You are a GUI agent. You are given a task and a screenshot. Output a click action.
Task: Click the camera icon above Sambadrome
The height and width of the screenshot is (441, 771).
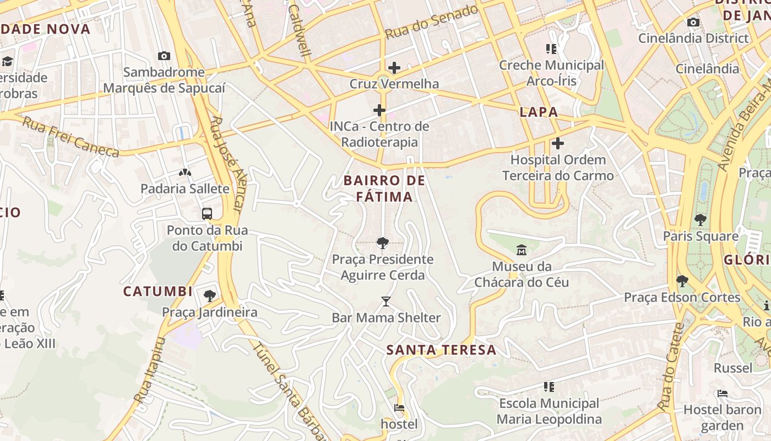point(164,56)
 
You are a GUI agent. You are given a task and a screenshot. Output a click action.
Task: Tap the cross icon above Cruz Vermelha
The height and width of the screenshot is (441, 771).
point(394,68)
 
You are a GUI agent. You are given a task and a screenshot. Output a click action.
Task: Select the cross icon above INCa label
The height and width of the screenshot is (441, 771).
point(379,110)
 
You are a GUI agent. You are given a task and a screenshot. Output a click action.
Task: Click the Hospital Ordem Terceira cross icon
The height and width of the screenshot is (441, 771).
point(557,144)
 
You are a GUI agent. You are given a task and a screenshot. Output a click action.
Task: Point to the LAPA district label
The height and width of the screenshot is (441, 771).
point(539,112)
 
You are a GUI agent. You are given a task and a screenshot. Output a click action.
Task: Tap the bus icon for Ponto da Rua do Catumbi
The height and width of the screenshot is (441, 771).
point(207,214)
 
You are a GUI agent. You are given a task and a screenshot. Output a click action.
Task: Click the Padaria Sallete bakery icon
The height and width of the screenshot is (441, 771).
point(185,173)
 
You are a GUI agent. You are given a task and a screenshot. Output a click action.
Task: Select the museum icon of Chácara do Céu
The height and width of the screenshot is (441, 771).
point(521,251)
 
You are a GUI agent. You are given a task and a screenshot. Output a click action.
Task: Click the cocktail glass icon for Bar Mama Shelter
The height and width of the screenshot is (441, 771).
point(386,302)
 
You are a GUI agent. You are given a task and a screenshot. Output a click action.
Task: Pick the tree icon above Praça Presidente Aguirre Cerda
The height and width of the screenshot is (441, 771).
point(382,243)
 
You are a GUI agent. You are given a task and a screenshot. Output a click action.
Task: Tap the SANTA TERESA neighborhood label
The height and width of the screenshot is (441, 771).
point(441,350)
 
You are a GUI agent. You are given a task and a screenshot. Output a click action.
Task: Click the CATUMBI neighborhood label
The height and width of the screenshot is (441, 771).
point(158,292)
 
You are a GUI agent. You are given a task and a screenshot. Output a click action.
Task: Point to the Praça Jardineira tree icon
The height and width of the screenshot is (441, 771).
point(209,296)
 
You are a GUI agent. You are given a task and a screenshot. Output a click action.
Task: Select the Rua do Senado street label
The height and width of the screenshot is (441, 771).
point(431,23)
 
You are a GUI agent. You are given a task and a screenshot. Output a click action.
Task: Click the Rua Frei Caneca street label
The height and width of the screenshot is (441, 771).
point(70,136)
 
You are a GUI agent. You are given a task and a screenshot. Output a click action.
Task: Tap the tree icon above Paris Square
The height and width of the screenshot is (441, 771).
point(700,220)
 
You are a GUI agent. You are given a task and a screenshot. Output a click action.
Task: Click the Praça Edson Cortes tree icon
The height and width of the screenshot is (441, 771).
point(682,281)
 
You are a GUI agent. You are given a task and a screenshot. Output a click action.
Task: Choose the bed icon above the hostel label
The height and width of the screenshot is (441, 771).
point(399,408)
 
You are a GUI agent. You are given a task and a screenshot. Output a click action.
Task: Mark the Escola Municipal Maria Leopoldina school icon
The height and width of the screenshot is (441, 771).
point(549,387)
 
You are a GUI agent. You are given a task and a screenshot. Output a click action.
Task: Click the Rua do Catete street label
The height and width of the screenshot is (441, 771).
point(670,367)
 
